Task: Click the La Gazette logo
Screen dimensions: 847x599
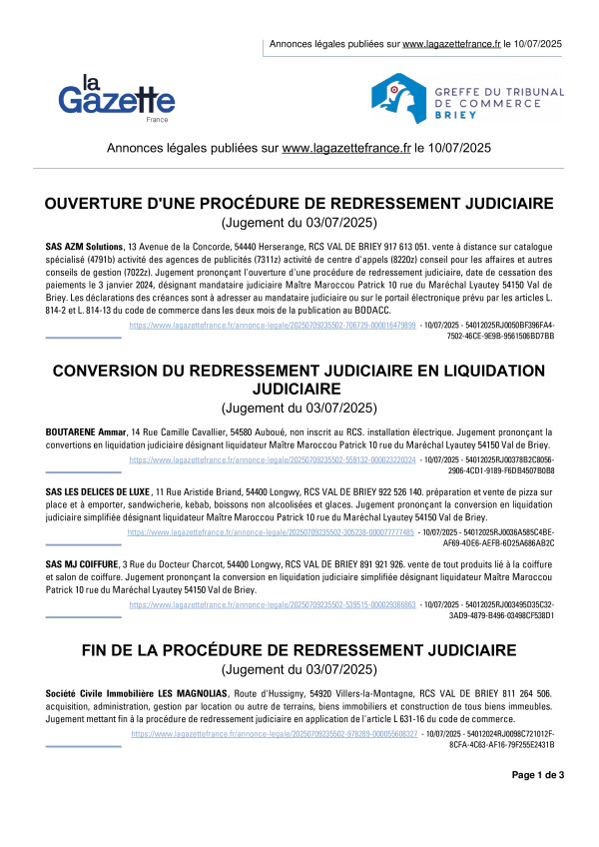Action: [117, 97]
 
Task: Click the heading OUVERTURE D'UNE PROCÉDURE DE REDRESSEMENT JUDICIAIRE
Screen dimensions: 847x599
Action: [299, 204]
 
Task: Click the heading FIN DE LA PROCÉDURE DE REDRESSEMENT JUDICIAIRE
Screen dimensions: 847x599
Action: [299, 650]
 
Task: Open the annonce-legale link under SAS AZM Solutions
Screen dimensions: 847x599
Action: [272, 326]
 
